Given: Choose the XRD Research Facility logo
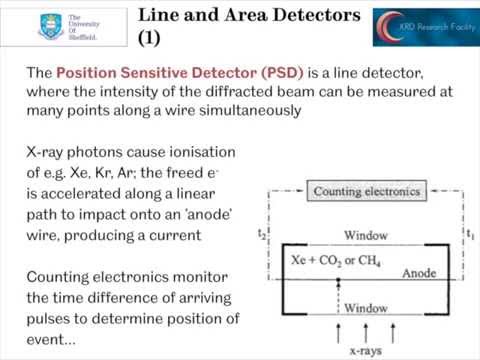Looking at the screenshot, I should pyautogui.click(x=417, y=27).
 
